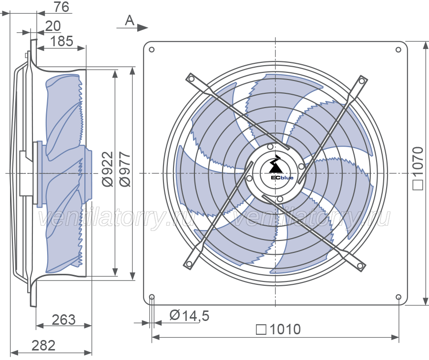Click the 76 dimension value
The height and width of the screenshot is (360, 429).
[61, 7]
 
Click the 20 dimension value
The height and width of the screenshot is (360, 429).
[53, 26]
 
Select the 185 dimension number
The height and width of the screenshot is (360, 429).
[62, 41]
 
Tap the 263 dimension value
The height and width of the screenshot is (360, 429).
[64, 320]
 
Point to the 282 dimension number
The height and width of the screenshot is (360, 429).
[43, 345]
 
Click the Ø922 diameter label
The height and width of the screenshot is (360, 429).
[108, 169]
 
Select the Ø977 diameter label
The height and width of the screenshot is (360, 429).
[125, 169]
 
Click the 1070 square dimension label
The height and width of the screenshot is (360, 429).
[418, 168]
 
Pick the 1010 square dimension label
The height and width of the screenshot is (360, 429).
[278, 330]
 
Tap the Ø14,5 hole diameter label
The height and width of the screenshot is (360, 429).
[189, 316]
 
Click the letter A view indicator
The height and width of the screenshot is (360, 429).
[130, 20]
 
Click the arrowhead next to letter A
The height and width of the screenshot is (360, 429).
[143, 27]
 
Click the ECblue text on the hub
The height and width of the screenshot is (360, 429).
[282, 178]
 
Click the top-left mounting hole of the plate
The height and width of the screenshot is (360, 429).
[152, 50]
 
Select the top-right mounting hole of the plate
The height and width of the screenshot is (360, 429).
[398, 50]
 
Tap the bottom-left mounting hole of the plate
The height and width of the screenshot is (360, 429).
[152, 297]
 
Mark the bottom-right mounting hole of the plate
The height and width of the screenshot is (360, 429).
[398, 297]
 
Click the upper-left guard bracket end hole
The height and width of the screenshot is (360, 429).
[192, 79]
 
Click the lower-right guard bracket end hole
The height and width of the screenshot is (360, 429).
[360, 266]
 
